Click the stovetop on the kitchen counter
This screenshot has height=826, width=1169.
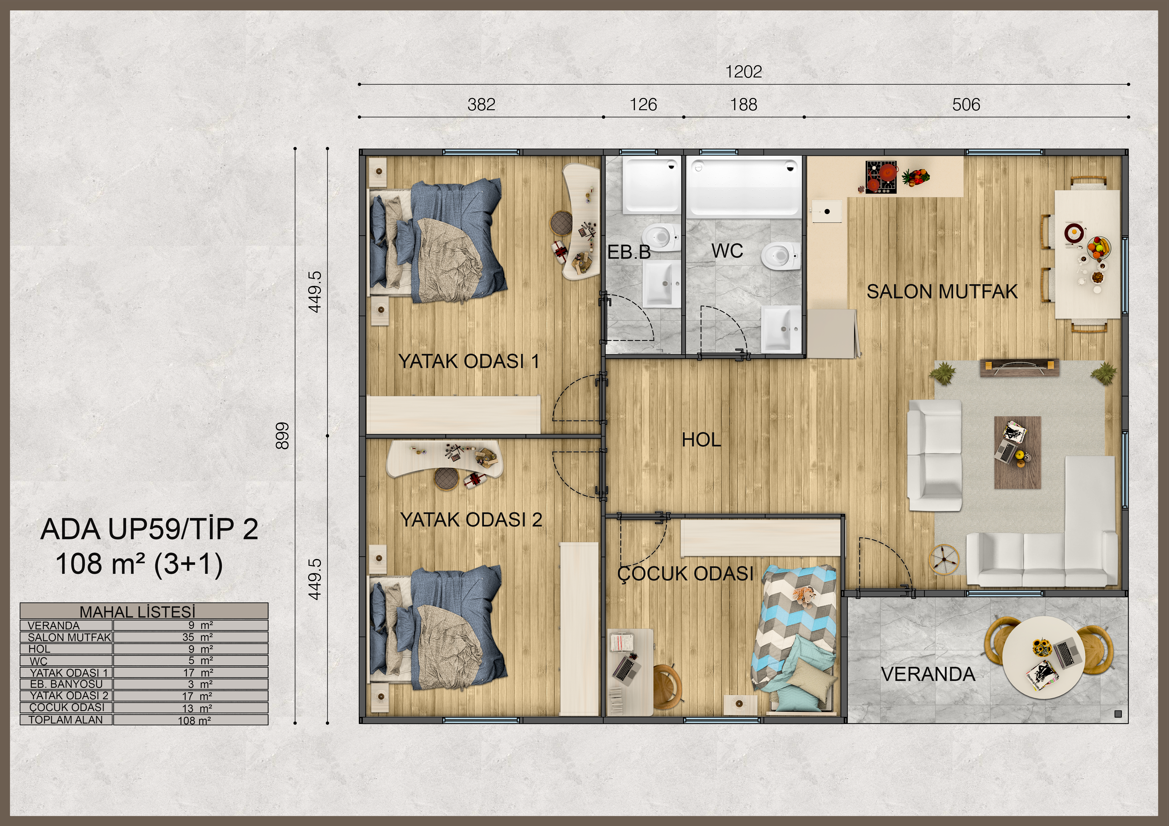(881, 177)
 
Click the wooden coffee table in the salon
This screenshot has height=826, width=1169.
(1017, 453)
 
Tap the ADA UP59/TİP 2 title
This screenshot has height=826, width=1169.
(149, 529)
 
